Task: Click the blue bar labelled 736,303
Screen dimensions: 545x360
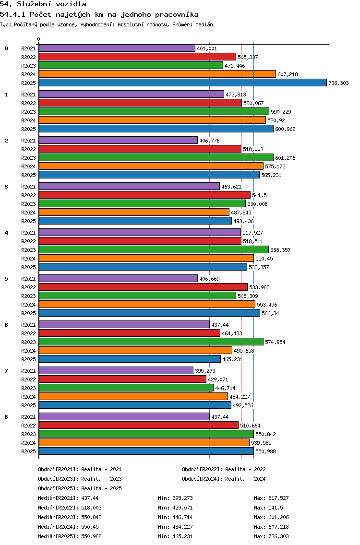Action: pos(182,83)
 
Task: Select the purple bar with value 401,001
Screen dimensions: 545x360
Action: pos(117,48)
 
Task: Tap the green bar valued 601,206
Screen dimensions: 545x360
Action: pos(156,157)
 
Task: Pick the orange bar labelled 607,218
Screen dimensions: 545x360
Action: pos(157,74)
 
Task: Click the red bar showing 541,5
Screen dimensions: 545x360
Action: pos(144,195)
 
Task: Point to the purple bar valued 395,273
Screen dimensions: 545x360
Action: pos(116,370)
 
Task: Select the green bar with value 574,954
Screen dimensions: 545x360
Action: pos(151,342)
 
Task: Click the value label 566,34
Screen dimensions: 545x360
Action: pos(271,313)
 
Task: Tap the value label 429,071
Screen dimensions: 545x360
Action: pos(217,379)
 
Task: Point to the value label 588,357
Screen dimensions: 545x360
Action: pos(280,250)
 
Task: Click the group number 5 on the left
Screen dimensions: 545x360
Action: pos(6,279)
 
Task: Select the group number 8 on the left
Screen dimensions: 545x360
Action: pos(6,417)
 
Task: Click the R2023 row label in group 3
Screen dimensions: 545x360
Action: pos(29,204)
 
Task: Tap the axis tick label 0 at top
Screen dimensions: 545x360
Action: pos(39,39)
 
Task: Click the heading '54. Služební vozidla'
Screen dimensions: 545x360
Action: pos(43,4)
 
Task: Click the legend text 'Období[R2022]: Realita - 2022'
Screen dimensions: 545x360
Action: pos(224,469)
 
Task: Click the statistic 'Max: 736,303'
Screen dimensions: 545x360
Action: pos(271,536)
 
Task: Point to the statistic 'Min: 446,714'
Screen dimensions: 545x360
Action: pos(175,517)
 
